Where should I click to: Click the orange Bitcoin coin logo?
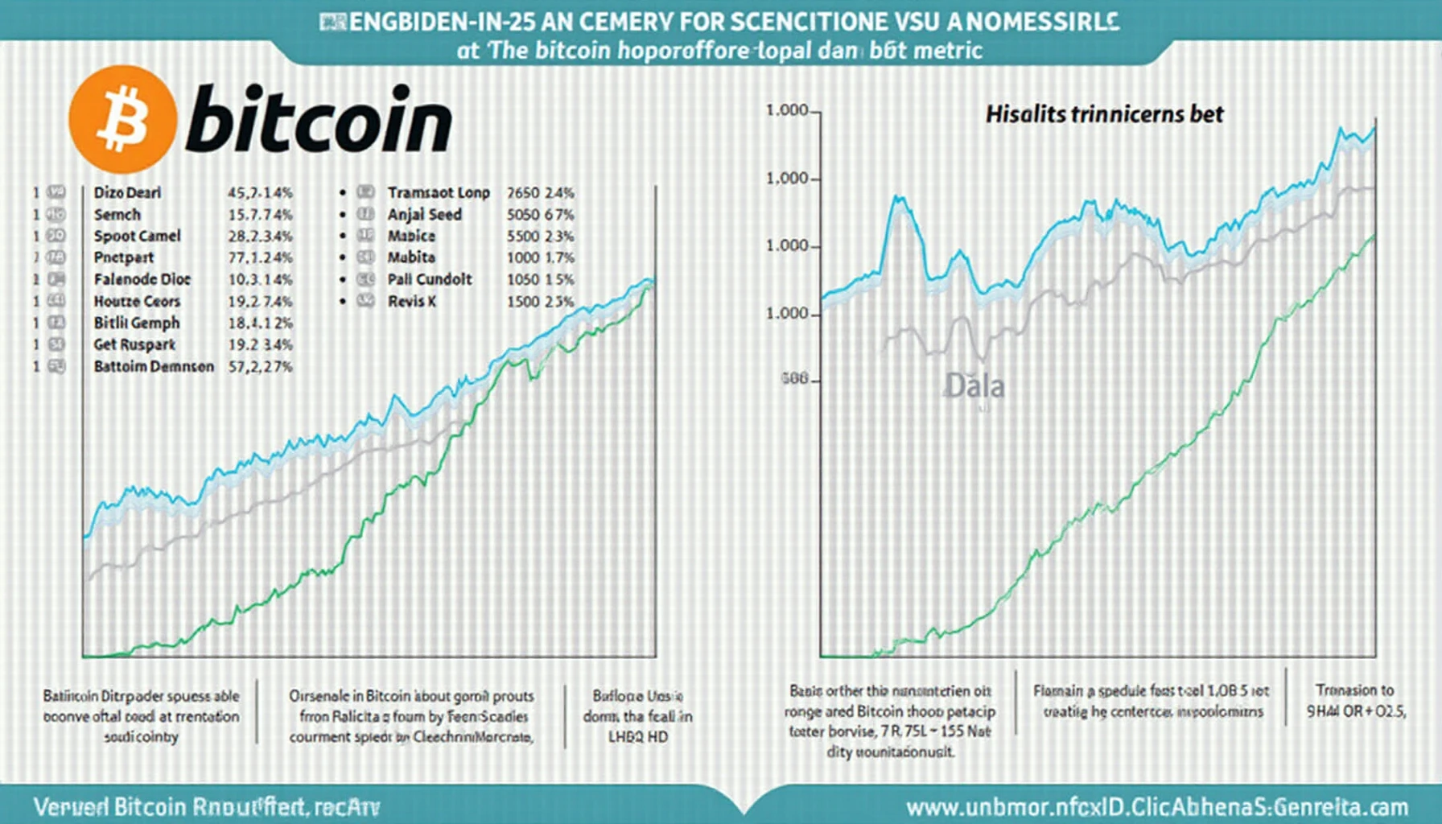[x=122, y=119]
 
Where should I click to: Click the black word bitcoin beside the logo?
[x=319, y=121]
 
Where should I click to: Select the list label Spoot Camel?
[x=137, y=236]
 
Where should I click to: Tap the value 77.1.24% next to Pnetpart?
[x=260, y=257]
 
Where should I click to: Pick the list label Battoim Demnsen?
[x=154, y=366]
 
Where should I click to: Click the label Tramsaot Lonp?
[x=439, y=192]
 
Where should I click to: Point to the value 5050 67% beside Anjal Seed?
[x=540, y=215]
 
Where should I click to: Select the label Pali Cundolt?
[x=430, y=279]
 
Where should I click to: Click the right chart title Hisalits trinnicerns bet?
[x=1104, y=114]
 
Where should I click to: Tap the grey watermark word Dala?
[x=974, y=386]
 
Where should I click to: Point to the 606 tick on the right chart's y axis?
[x=794, y=378]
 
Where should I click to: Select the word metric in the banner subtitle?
[x=953, y=51]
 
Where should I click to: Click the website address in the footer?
[x=1157, y=807]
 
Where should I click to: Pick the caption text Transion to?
[x=1354, y=690]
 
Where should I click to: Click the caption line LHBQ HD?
[x=637, y=736]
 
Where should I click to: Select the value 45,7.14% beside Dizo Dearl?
[x=260, y=192]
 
